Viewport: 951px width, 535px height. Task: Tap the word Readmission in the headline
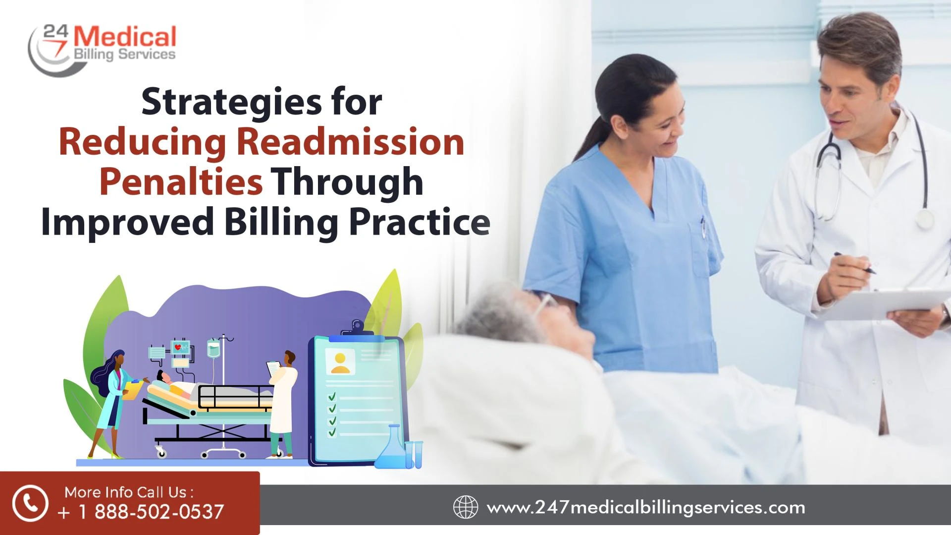click(350, 142)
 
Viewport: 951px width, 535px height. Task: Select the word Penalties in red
click(181, 182)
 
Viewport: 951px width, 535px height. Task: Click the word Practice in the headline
click(420, 222)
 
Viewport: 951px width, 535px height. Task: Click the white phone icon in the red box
click(30, 503)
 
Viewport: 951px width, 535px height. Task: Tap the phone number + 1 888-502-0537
click(141, 512)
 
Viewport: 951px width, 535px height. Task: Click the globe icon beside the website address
click(466, 508)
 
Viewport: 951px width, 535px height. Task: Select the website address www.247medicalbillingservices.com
click(646, 508)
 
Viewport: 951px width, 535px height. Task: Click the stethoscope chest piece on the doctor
click(923, 218)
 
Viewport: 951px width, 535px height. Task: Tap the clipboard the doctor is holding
click(882, 302)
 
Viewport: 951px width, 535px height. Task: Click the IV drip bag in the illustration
click(213, 349)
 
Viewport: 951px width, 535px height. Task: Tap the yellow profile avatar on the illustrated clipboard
click(340, 363)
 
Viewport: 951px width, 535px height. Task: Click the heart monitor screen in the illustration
click(180, 347)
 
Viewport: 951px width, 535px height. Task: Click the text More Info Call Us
click(129, 492)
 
